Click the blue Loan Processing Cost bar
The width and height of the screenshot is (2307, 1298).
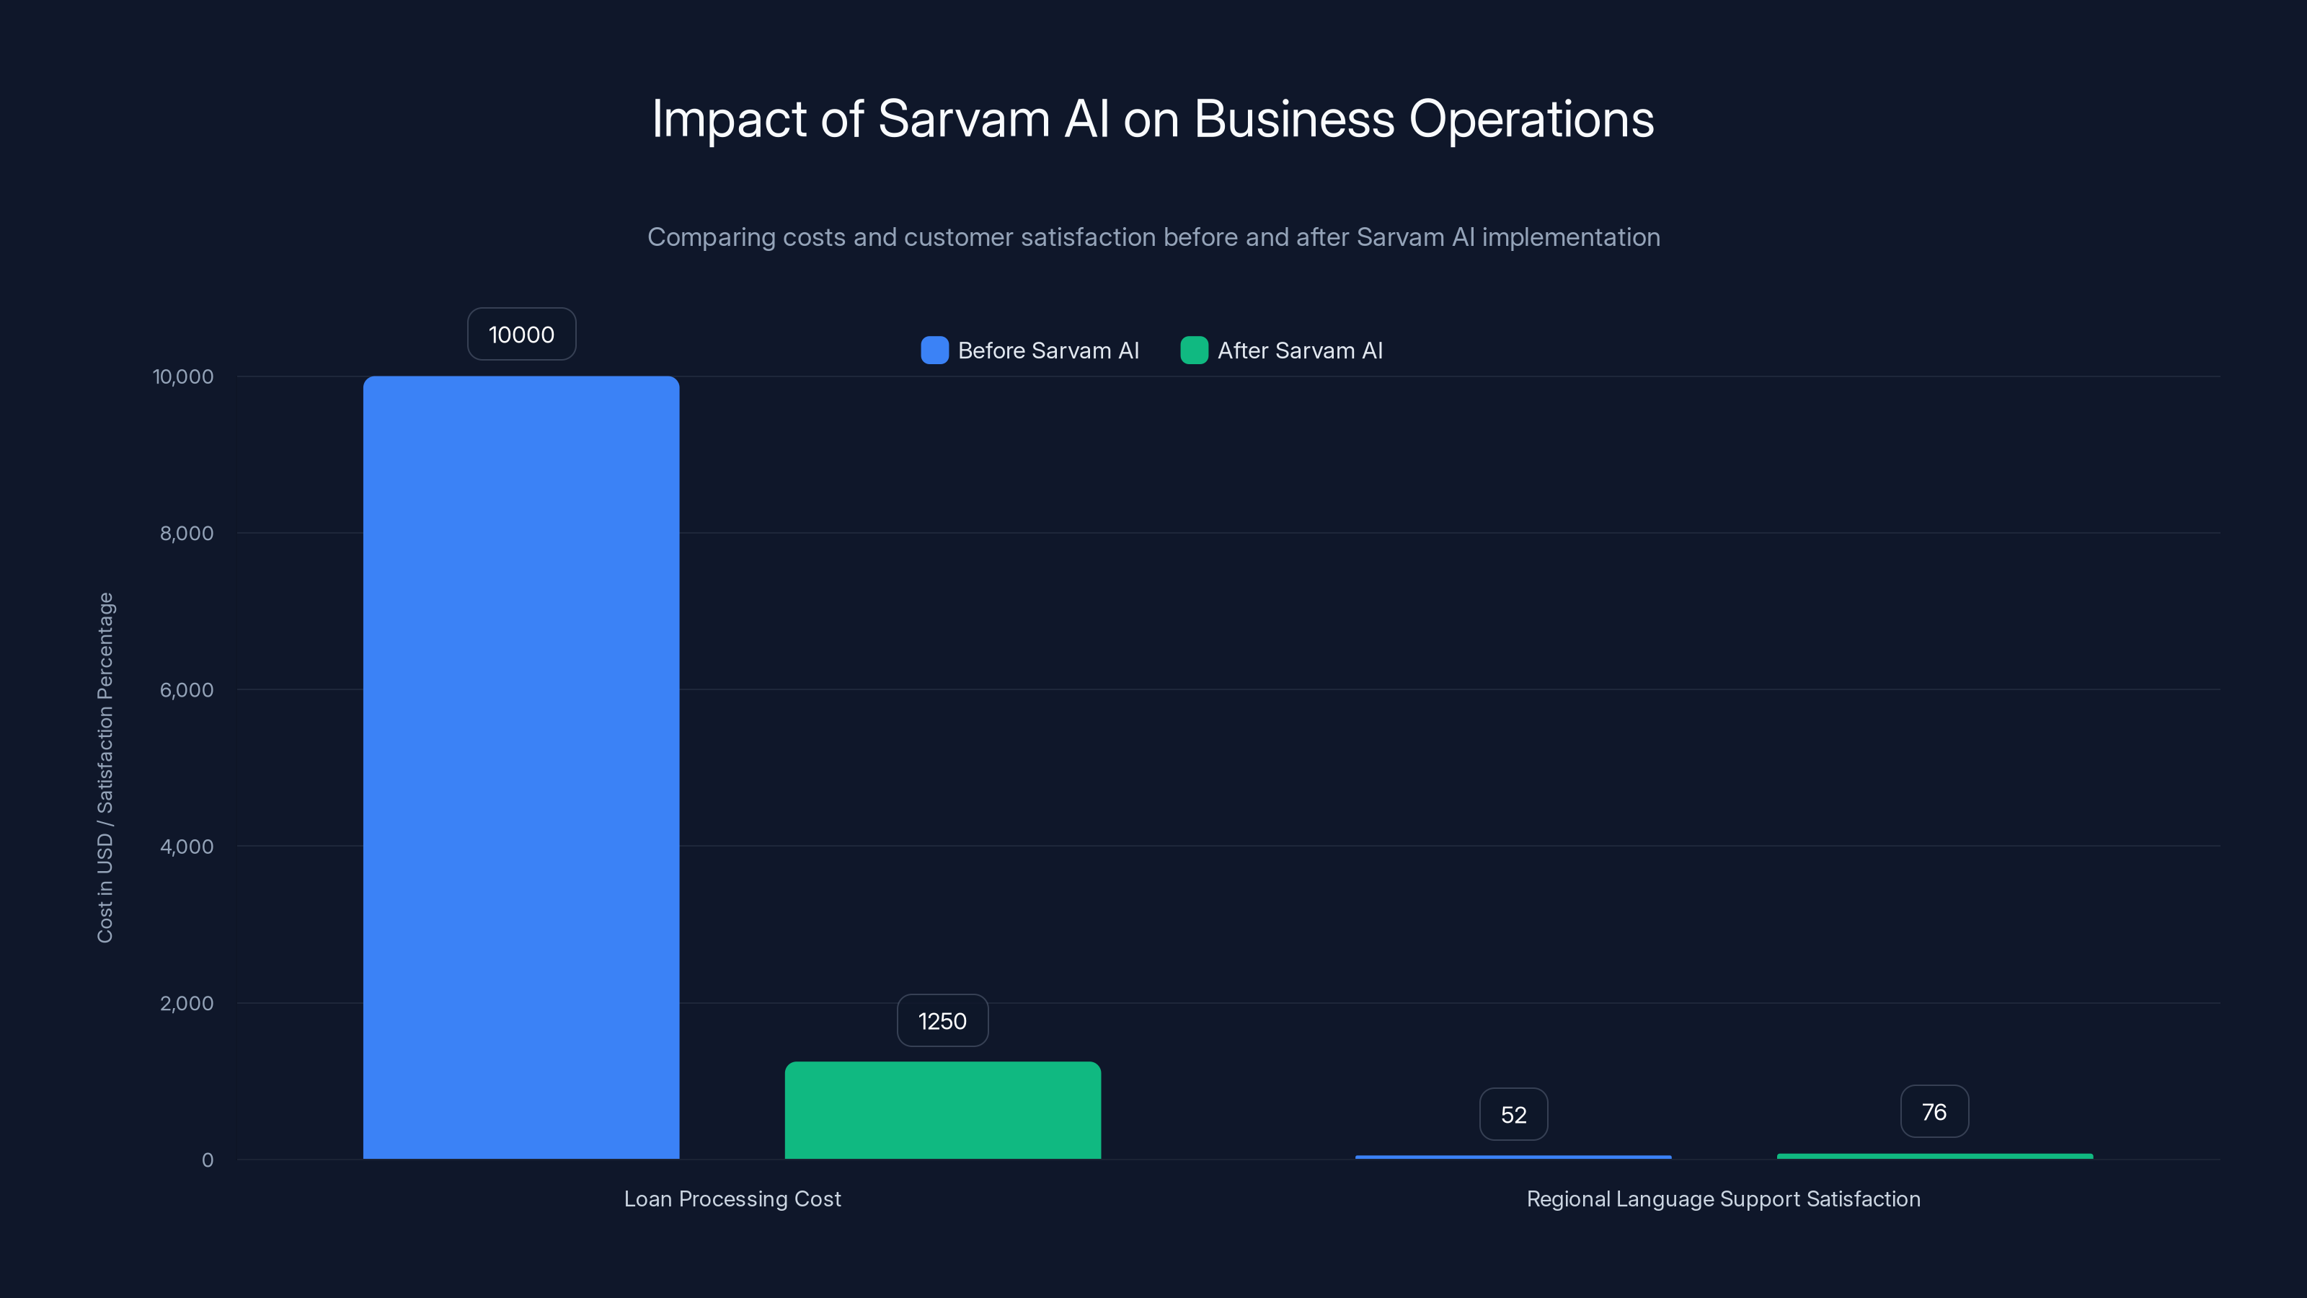(x=521, y=767)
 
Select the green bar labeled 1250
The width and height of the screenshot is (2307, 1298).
(x=942, y=1110)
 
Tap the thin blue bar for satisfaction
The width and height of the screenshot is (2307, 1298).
(x=1513, y=1157)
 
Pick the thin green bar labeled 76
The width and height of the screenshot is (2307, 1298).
(x=1934, y=1155)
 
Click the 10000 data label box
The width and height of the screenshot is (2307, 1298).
(x=521, y=334)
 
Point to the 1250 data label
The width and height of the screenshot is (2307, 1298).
(x=942, y=1020)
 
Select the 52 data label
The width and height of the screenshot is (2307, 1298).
(x=1513, y=1114)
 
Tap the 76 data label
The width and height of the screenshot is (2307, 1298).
(x=1934, y=1112)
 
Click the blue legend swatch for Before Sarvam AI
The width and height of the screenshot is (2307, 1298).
(x=934, y=350)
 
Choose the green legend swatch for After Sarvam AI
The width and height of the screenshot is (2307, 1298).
(x=1194, y=350)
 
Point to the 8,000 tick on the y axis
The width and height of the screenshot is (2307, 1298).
(x=186, y=533)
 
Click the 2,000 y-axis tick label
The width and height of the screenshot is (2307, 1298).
(x=186, y=1003)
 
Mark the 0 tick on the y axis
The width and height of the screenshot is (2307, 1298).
(x=208, y=1160)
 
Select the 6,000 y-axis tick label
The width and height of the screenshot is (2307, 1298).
(x=186, y=690)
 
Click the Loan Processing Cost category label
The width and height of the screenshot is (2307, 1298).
(x=732, y=1198)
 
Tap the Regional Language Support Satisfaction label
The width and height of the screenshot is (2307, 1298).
(x=1723, y=1198)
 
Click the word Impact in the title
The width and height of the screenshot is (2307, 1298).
(x=728, y=119)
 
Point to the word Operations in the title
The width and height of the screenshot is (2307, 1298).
(x=1531, y=119)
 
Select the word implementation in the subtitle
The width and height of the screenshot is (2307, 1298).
(x=1570, y=237)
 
